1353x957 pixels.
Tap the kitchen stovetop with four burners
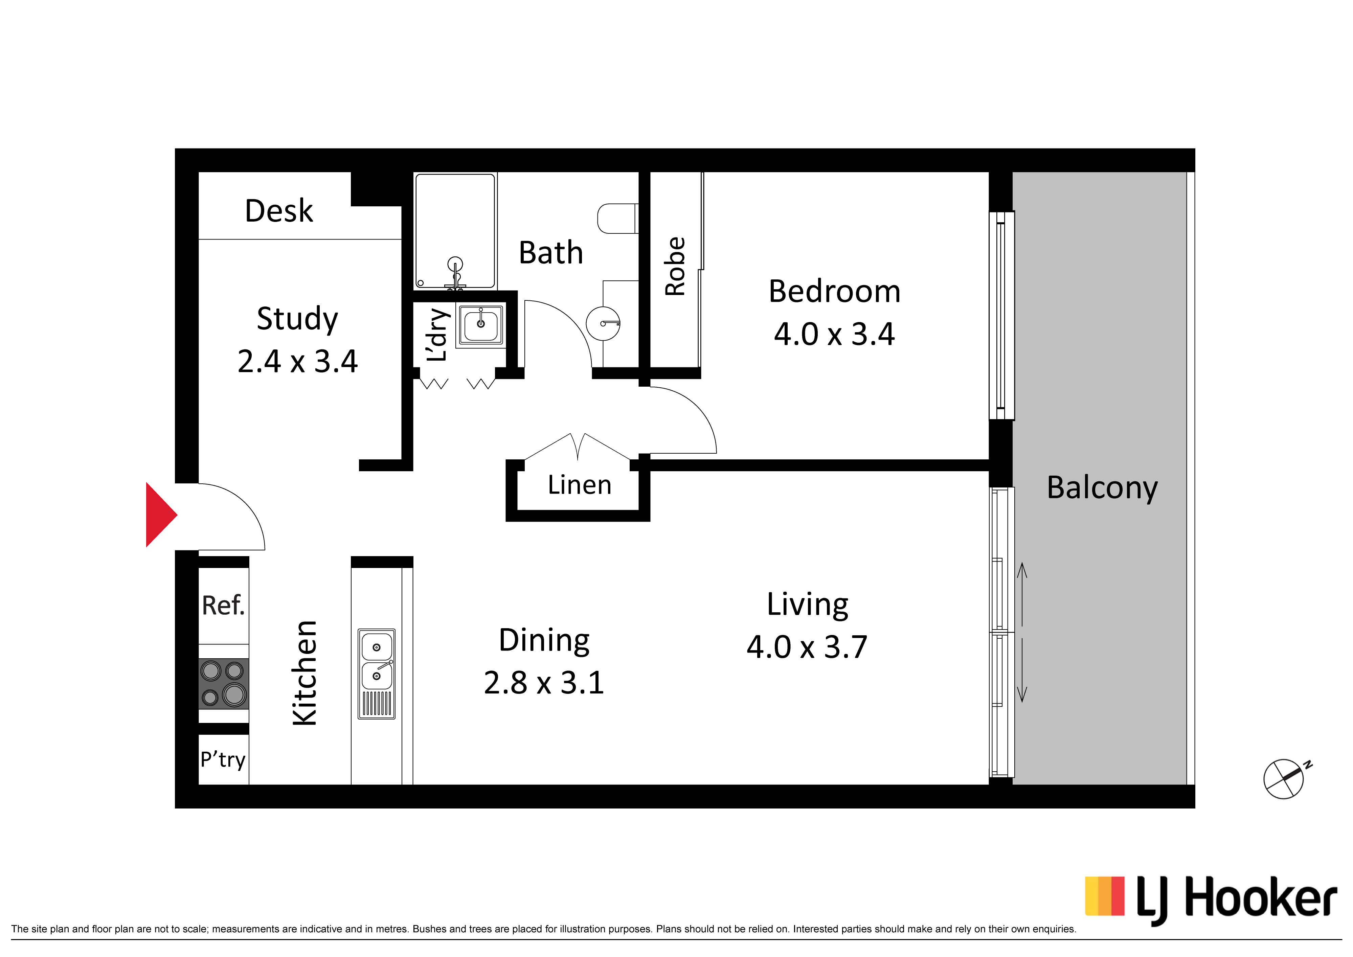click(x=223, y=684)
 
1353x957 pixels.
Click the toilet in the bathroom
click(x=617, y=219)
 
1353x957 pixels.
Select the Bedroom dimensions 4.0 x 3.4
click(x=834, y=334)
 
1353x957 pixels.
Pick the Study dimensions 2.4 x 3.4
click(x=298, y=361)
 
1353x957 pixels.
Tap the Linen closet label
click(x=579, y=485)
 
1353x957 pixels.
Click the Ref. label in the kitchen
click(x=223, y=605)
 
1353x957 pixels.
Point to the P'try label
click(x=223, y=759)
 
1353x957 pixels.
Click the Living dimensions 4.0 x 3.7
click(x=807, y=647)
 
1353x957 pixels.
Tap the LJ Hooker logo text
click(x=1236, y=901)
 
